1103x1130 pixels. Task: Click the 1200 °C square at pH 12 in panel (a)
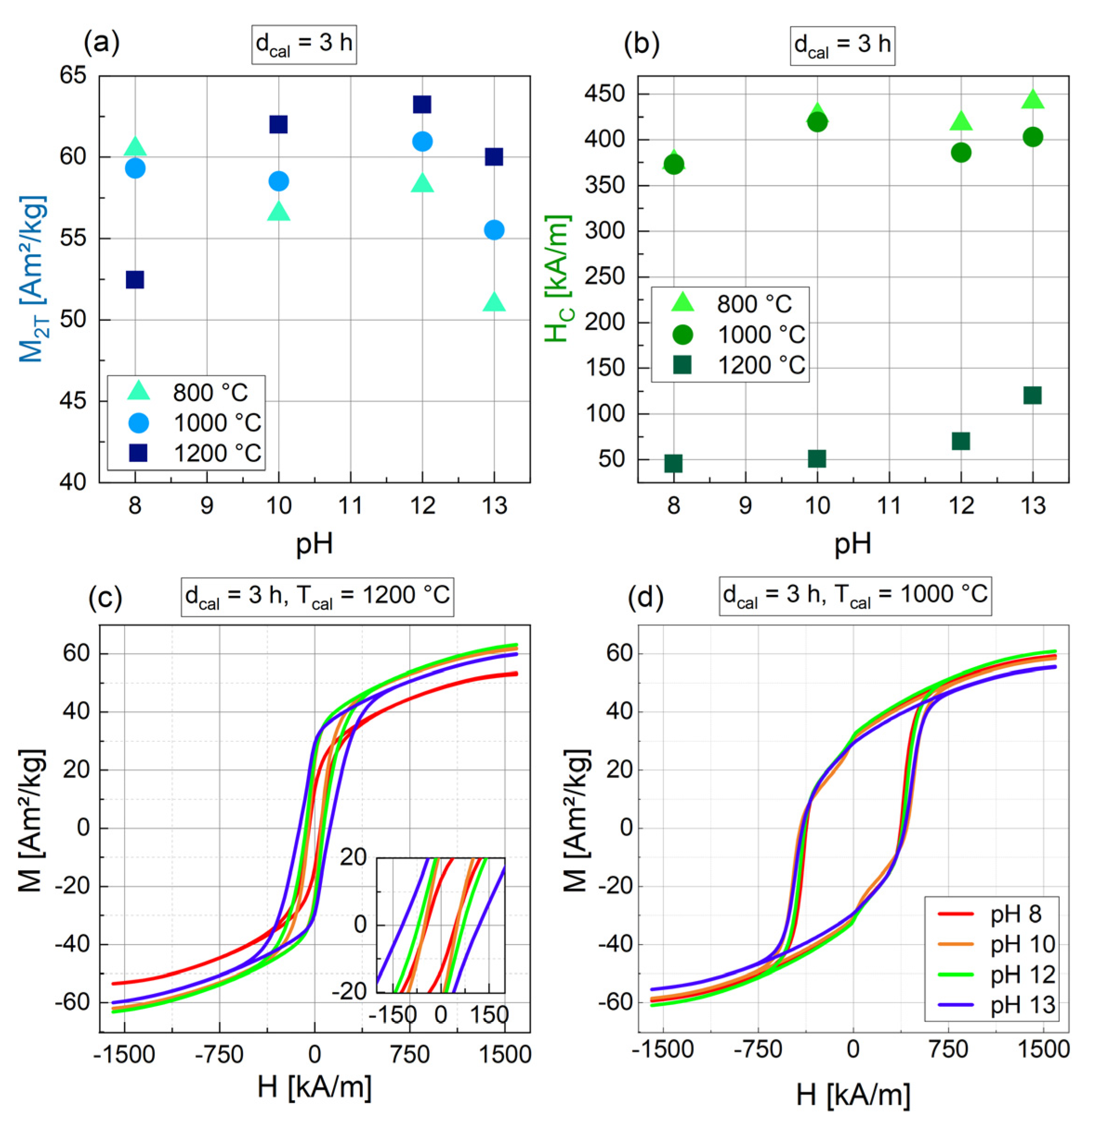pos(422,104)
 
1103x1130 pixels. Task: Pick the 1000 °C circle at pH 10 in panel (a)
pos(279,181)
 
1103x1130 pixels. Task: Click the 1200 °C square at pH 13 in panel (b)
pos(1032,395)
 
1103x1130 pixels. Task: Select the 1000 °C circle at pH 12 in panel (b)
pos(960,153)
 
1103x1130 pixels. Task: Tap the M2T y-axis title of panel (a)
pos(32,278)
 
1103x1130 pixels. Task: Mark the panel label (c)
pos(105,599)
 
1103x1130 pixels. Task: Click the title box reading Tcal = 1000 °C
pos(855,595)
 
